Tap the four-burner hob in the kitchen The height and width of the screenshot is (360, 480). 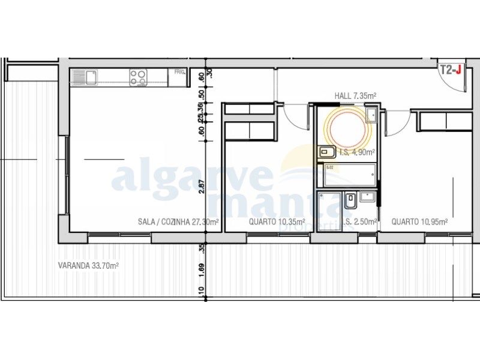point(139,77)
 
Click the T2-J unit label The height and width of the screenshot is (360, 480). point(451,70)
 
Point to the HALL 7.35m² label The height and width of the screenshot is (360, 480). point(355,95)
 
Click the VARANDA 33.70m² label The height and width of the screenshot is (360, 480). point(88,265)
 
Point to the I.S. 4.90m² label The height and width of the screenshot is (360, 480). point(357,152)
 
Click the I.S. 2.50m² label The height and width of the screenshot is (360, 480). point(361,222)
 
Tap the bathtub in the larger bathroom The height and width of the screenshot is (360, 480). point(349,175)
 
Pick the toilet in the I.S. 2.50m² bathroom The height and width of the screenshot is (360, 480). point(349,202)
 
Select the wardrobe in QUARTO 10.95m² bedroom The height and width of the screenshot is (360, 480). point(445,122)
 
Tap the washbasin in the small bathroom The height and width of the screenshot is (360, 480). point(367,197)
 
